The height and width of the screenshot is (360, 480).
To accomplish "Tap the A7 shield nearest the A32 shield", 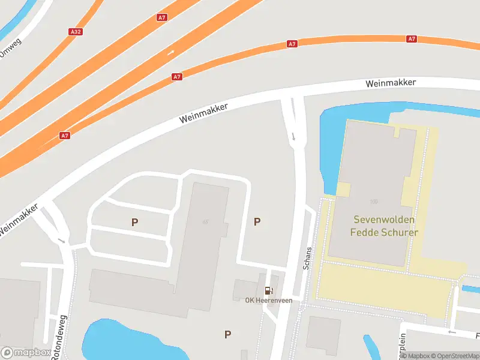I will (x=162, y=17).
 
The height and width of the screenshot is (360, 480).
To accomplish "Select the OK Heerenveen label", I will (x=269, y=301).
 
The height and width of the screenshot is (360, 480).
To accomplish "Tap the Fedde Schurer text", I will (x=384, y=233).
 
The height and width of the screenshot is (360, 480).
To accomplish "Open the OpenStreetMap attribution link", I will (x=454, y=356).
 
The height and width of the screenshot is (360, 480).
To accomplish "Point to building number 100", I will (x=374, y=202).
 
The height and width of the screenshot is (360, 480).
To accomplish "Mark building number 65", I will (x=206, y=222).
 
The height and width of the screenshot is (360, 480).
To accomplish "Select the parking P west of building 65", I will (x=135, y=222).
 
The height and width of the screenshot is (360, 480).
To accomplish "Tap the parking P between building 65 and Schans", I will (x=257, y=222).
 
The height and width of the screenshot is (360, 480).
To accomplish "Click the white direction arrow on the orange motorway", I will (x=171, y=52).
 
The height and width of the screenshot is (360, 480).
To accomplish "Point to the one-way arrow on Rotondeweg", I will (x=61, y=240).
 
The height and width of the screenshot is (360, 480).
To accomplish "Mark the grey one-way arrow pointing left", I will (x=451, y=332).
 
